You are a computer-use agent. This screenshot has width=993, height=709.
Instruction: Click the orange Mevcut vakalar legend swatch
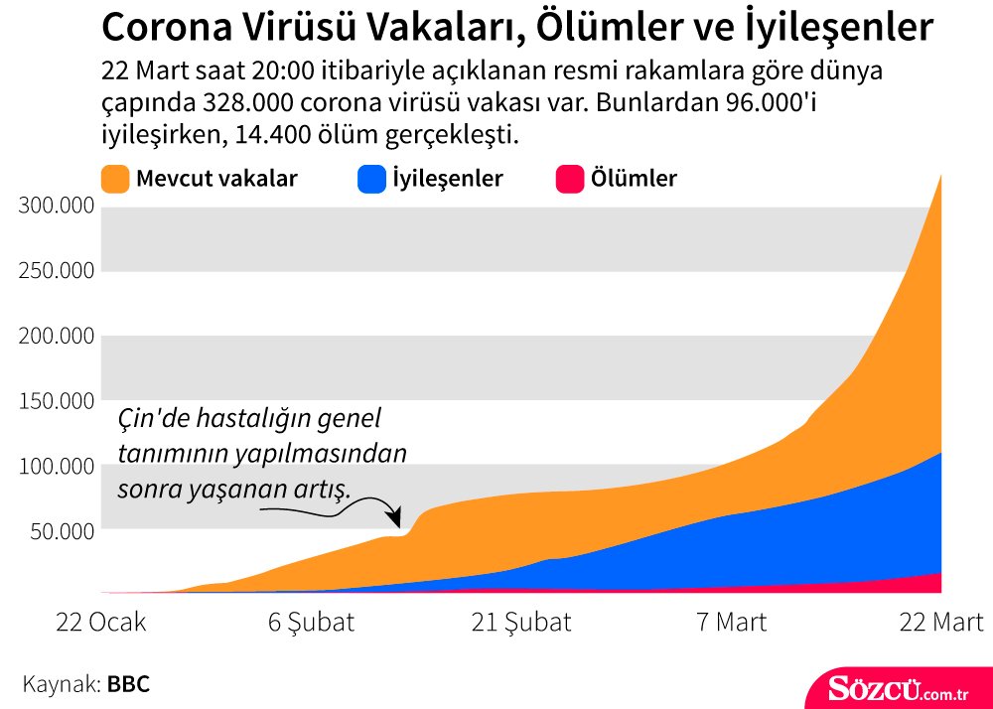point(115,179)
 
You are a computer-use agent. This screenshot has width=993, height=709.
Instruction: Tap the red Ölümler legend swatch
point(568,179)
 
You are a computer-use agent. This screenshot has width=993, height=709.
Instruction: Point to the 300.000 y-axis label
point(57,206)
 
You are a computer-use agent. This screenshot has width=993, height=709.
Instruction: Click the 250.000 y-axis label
point(57,271)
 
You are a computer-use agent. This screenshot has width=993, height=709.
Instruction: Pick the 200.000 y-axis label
point(57,336)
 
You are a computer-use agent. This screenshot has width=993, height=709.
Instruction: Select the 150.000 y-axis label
point(57,401)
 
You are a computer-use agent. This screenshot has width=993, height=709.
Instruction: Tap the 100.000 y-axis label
point(57,466)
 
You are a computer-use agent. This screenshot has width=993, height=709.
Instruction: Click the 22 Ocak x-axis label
point(101,623)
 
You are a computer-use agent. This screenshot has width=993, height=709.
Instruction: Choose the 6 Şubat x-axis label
point(311,623)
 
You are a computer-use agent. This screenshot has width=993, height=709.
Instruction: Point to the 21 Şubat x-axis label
point(521,623)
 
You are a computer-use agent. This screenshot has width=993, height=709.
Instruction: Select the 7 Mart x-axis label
point(731,623)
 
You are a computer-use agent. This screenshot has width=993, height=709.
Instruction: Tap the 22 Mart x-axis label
point(940,623)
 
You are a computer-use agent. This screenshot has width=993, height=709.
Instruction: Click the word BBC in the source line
point(128,684)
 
